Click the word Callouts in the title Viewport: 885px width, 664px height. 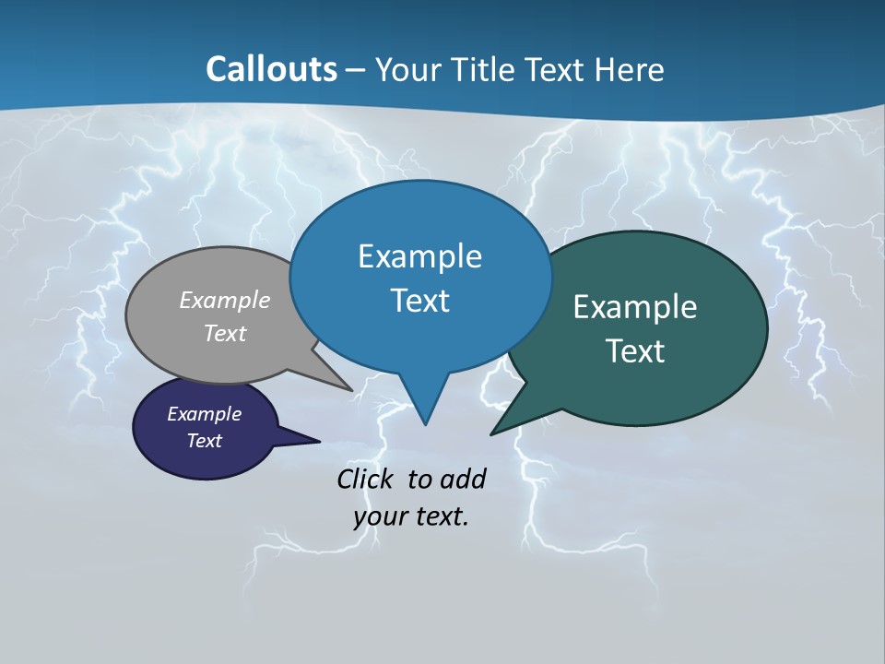coord(271,69)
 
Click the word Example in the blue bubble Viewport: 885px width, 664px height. coord(419,256)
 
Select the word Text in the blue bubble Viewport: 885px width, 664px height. coord(419,301)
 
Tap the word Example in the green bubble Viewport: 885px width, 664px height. coord(635,307)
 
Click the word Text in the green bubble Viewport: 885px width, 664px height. coord(635,351)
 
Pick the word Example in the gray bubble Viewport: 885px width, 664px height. coord(225,301)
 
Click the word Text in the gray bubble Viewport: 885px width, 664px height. coord(225,333)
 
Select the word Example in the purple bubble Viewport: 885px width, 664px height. coord(204,414)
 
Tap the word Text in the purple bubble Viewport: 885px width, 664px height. coord(204,441)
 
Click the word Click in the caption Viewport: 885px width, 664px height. coord(368,479)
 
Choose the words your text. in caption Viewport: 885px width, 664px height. coord(411,516)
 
